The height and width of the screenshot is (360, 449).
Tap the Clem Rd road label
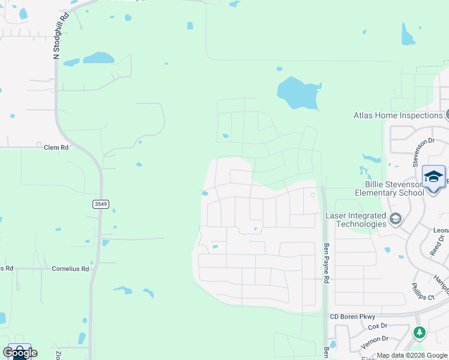click(56, 147)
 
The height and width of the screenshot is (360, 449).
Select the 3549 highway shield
click(101, 204)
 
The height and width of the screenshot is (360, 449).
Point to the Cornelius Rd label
click(70, 269)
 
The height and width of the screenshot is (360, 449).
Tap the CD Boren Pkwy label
click(353, 316)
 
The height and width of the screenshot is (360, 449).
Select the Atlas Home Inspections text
click(398, 116)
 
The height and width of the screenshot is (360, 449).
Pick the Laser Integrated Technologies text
click(355, 220)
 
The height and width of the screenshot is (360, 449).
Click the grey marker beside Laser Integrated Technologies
click(396, 220)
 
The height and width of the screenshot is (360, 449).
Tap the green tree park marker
click(420, 332)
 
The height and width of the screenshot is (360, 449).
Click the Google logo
click(20, 352)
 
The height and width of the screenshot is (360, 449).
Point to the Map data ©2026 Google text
click(412, 356)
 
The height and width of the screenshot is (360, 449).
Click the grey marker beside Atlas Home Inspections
click(447, 115)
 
